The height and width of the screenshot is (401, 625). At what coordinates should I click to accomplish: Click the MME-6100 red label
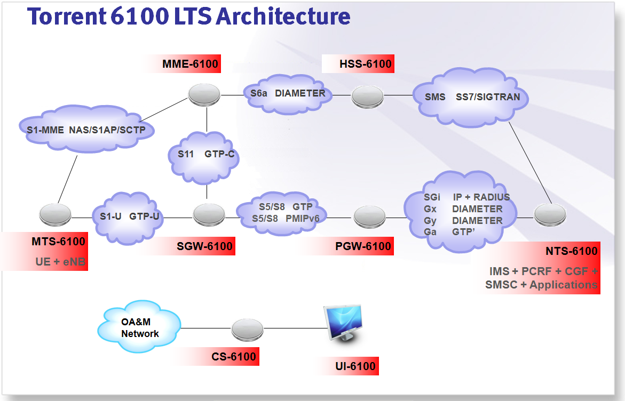[190, 65]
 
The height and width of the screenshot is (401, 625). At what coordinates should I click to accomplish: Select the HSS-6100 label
[366, 65]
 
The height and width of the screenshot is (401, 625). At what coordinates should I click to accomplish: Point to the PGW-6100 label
[363, 246]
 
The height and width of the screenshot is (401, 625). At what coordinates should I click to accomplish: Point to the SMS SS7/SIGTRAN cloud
[470, 98]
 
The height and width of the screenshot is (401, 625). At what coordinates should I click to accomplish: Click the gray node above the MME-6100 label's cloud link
[204, 94]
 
